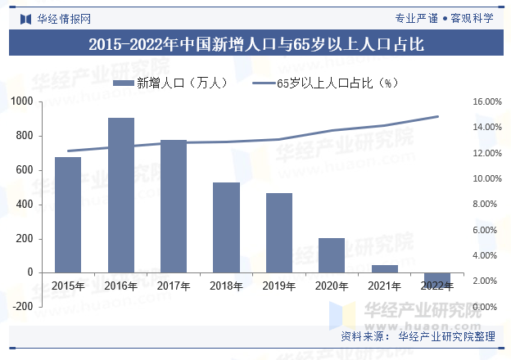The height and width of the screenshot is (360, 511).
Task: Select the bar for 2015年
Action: [x=68, y=214]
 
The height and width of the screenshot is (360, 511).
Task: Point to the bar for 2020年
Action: [x=332, y=255]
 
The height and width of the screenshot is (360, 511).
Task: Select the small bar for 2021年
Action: [x=384, y=268]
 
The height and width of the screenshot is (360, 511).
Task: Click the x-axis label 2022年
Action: [x=436, y=286]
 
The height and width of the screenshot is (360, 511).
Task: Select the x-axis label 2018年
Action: [x=226, y=286]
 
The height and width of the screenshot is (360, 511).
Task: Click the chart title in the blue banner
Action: [x=255, y=45]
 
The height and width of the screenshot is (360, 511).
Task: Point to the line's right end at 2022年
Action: [x=438, y=116]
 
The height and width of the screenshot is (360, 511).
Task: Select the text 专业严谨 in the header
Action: [x=416, y=17]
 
